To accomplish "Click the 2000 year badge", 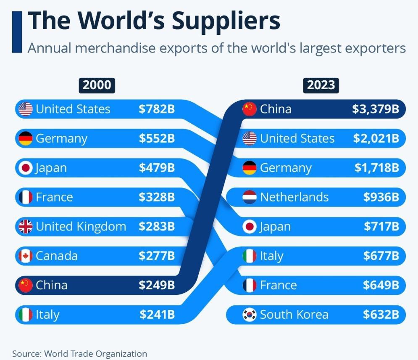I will pos(97,85).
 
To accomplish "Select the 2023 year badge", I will pos(321,85).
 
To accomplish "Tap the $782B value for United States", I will pos(157,109).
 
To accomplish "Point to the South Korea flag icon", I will pos(250,315).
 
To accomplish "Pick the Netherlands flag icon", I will pos(250,197).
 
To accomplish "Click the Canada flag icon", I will pos(26,256).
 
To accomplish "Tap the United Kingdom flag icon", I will pos(26,227).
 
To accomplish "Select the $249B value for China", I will pos(157,285).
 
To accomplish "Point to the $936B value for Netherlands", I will pos(381,197).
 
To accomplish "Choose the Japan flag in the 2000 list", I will pos(26,168).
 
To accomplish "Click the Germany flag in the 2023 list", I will pos(250,168).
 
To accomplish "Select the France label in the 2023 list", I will pos(278,285).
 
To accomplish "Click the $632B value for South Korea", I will pos(381,315).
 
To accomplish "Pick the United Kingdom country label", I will pos(81,227).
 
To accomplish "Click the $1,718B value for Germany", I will pos(376,168).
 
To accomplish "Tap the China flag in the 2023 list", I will pos(250,109).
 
